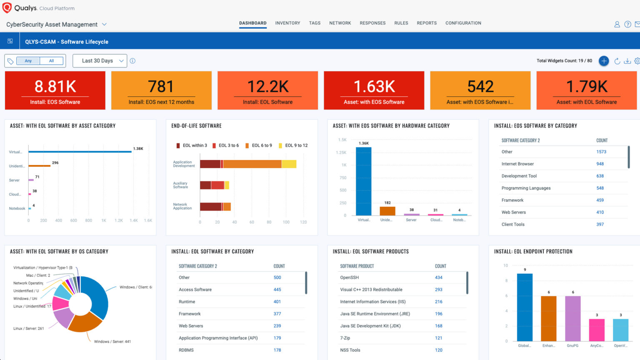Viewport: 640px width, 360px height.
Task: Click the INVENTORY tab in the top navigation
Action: [287, 23]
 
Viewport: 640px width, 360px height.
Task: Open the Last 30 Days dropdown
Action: [100, 61]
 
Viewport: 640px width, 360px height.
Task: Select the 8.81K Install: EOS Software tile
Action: [55, 90]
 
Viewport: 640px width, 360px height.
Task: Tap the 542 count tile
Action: [480, 90]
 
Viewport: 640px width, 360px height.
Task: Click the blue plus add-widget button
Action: [603, 61]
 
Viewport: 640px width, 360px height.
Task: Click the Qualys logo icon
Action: [7, 8]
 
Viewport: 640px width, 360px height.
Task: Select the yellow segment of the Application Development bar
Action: [289, 164]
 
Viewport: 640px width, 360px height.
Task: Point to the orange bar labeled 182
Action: [387, 211]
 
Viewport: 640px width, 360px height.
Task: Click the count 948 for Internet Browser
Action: [600, 164]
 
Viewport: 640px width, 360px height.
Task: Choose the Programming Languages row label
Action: [526, 188]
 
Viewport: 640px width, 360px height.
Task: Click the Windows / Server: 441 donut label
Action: [112, 342]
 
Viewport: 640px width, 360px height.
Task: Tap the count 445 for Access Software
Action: [277, 290]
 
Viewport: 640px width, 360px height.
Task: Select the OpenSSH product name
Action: [349, 277]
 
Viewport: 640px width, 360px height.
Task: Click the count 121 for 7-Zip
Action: [438, 338]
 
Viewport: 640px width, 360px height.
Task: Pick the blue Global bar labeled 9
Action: [525, 307]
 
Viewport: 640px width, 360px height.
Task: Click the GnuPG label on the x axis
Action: [572, 345]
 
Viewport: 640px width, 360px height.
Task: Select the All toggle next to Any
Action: [52, 61]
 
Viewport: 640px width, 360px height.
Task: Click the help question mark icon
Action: [627, 25]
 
